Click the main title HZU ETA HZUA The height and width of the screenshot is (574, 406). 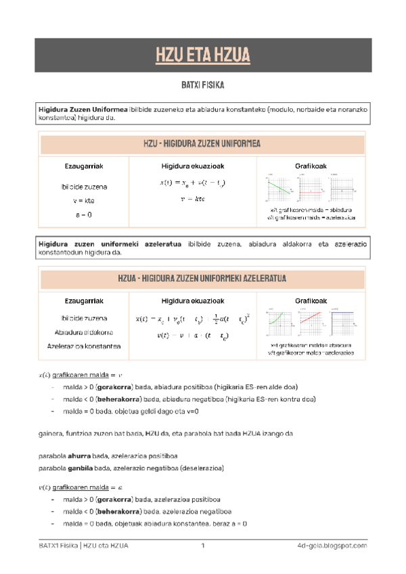[x=202, y=55]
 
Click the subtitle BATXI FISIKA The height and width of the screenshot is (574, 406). [x=202, y=87]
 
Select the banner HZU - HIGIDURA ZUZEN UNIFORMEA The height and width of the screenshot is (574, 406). [x=202, y=143]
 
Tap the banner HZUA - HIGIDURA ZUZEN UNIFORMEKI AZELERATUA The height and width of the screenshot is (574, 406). [x=202, y=278]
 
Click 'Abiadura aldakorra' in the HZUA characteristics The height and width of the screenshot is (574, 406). [x=83, y=332]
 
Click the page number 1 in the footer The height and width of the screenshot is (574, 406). [x=202, y=546]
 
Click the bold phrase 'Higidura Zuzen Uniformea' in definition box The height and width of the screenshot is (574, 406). [x=83, y=108]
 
